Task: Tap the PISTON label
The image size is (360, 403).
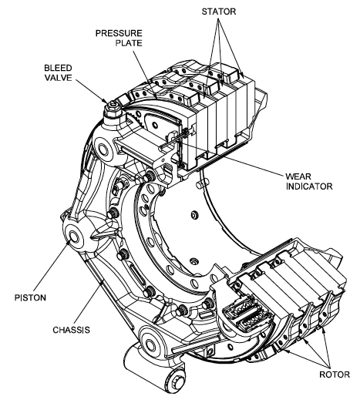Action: (29, 294)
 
